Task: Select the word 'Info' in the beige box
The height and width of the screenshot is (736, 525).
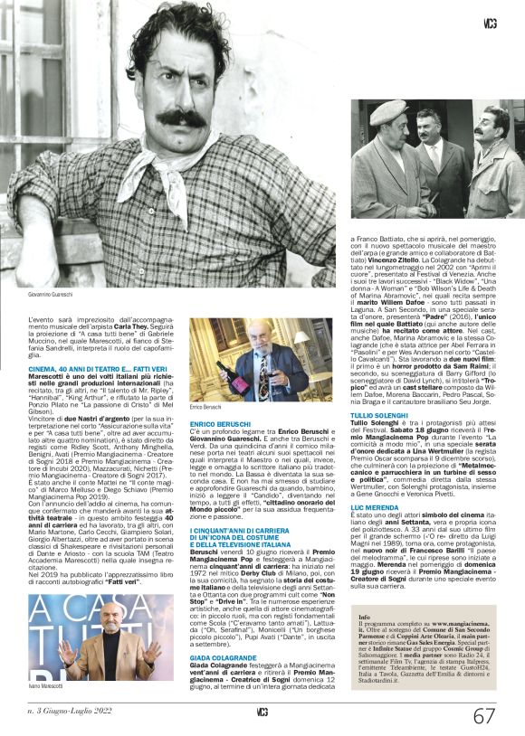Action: point(364,617)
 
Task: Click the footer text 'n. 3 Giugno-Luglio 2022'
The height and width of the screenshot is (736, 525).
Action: point(72,713)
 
